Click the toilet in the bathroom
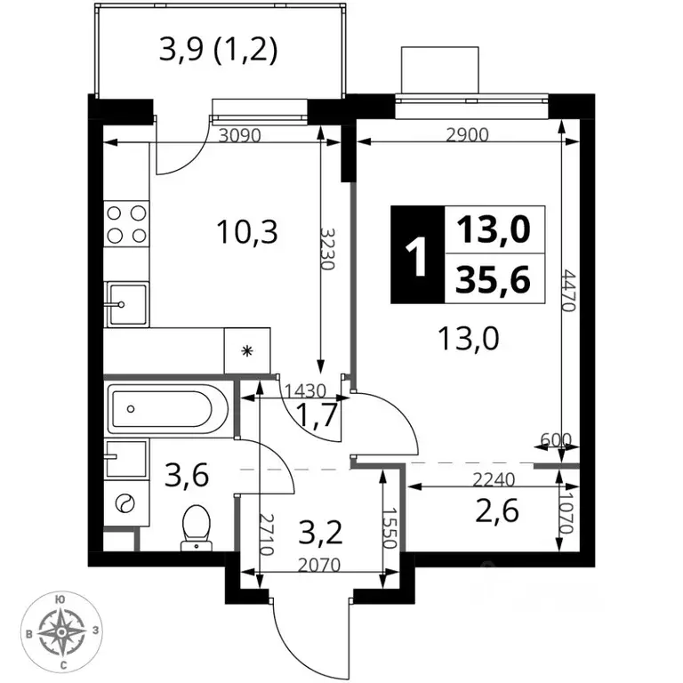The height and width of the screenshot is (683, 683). coord(197,527)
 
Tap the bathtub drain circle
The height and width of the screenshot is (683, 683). coord(130,408)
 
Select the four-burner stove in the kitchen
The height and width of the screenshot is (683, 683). coord(126,224)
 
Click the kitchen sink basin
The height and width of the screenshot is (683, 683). coord(128,304)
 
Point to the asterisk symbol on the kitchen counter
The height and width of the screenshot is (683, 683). coord(247,350)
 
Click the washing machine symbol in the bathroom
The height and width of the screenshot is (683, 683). coord(125,504)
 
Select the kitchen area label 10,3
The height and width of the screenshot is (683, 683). coord(247,232)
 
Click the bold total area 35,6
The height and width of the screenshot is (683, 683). coord(493,279)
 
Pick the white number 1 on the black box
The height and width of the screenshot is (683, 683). coord(417,256)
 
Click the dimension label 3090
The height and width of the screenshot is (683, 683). coord(240,136)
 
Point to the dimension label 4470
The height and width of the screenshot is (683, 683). coord(569,291)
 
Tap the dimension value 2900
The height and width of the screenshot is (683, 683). coord(468,135)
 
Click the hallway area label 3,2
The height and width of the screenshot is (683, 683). coord(320,533)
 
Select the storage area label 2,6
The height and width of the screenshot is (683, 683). coord(497,510)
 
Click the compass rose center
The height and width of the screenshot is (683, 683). coord(62,631)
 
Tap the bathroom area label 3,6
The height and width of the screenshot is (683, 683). coord(187,475)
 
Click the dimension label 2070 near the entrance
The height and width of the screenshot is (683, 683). coord(319,565)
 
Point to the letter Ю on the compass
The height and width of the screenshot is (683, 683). coord(60,599)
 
